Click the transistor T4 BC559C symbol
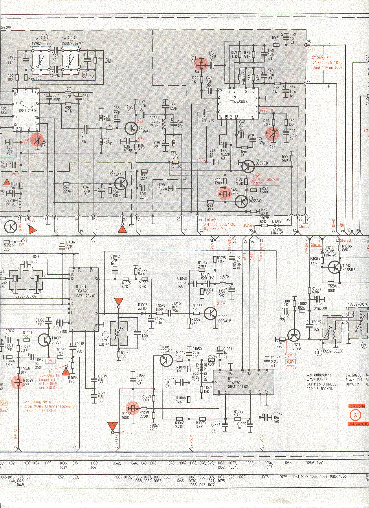[131, 128]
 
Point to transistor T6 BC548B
[247, 166]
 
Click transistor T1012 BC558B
[335, 267]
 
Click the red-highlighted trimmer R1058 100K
[133, 408]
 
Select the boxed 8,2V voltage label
[221, 304]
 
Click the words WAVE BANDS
[317, 379]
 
